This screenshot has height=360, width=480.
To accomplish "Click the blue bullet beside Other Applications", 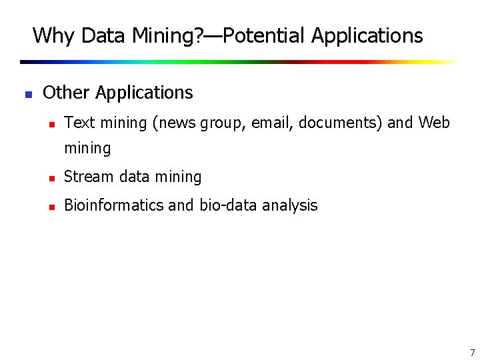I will pyautogui.click(x=28, y=94).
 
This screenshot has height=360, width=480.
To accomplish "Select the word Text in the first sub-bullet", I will pyautogui.click(x=79, y=123).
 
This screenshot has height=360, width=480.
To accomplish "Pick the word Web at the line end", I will pyautogui.click(x=434, y=123).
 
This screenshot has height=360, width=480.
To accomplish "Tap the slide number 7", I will pyautogui.click(x=472, y=353).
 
